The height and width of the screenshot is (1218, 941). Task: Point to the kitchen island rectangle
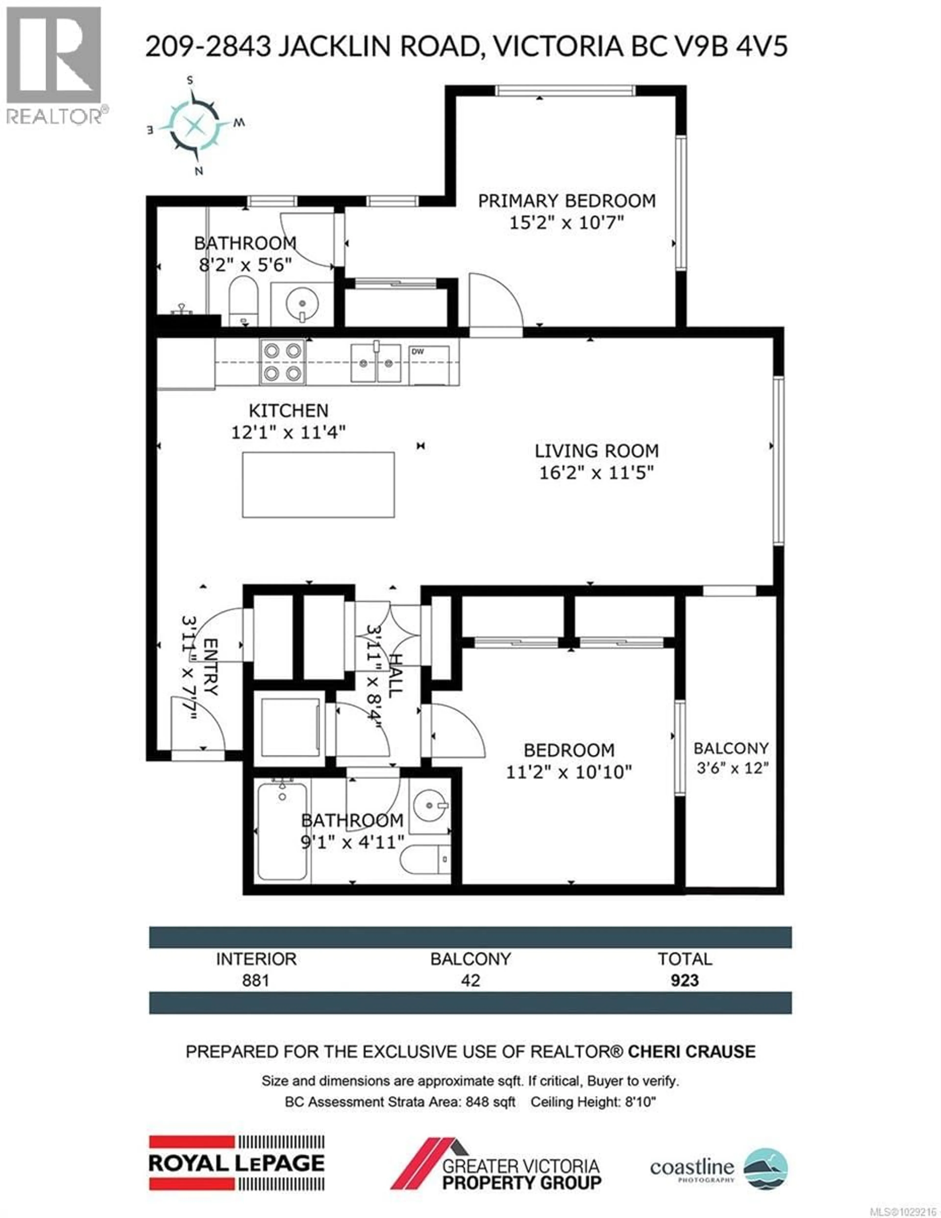pyautogui.click(x=318, y=485)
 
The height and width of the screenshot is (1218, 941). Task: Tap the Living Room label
pyautogui.click(x=596, y=451)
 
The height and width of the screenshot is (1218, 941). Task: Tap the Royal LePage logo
pyautogui.click(x=236, y=1163)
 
